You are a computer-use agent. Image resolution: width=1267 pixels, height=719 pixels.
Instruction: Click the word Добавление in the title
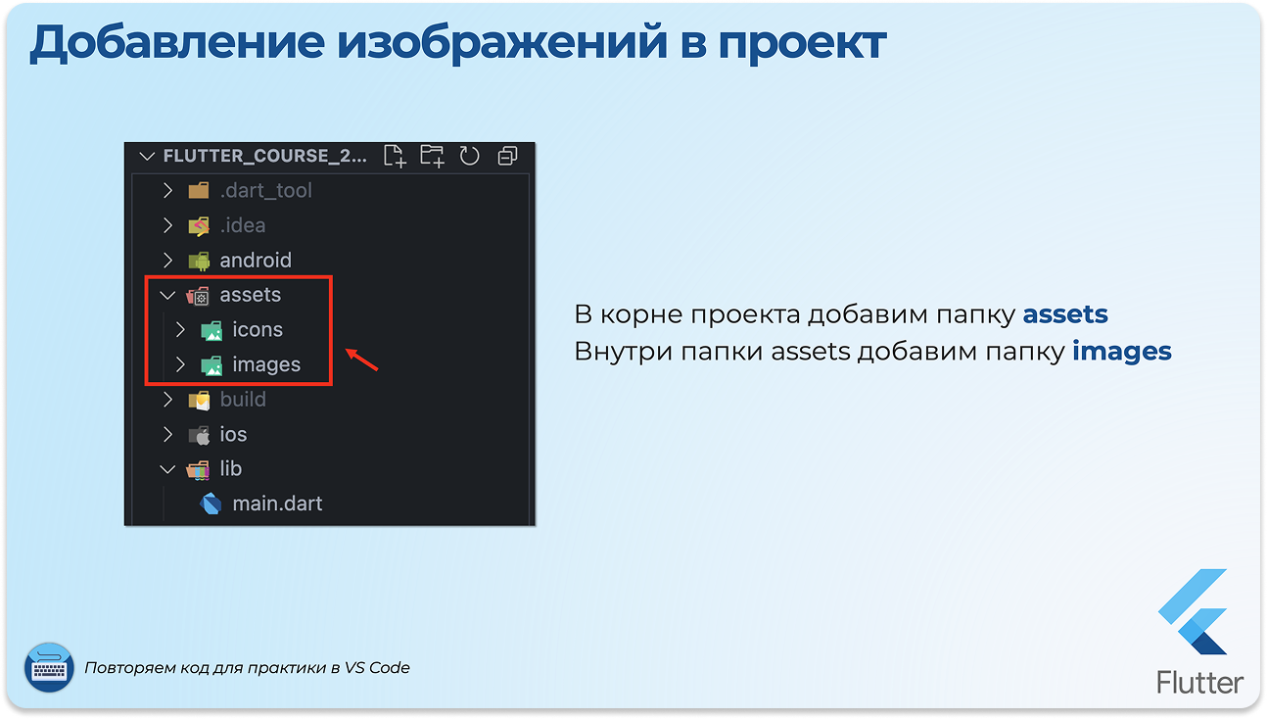177,43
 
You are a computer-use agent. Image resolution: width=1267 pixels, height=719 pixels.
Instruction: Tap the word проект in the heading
802,44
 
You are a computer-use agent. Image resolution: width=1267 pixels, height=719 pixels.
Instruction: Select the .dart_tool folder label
266,191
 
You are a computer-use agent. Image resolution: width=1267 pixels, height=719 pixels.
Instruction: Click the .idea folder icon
199,225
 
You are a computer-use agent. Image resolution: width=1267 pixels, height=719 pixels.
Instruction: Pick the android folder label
256,261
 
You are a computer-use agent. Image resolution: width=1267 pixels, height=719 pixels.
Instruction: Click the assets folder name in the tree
250,295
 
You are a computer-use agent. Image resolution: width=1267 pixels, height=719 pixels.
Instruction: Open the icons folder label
258,329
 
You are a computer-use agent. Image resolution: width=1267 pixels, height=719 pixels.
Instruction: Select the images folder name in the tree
266,364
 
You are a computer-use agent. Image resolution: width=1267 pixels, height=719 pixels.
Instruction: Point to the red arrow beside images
361,359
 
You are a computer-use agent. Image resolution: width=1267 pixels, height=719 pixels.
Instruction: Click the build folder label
243,400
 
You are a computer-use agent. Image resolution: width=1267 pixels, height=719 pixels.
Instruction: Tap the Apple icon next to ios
199,435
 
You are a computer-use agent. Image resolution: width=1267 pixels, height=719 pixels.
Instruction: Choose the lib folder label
231,469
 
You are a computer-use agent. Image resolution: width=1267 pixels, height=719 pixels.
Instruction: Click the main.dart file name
277,503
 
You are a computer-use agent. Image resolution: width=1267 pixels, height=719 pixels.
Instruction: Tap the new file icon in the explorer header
395,156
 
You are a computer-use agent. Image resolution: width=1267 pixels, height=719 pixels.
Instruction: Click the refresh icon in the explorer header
469,156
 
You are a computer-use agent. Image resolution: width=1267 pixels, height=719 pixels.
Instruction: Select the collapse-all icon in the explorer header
507,156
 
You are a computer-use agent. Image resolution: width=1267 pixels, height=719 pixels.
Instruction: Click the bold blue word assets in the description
1065,314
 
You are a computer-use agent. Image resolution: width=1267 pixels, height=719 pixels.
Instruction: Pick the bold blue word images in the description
1122,352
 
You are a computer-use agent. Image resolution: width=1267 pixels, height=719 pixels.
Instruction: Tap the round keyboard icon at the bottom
49,667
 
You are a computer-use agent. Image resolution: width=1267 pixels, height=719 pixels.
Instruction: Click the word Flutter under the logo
1199,682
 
